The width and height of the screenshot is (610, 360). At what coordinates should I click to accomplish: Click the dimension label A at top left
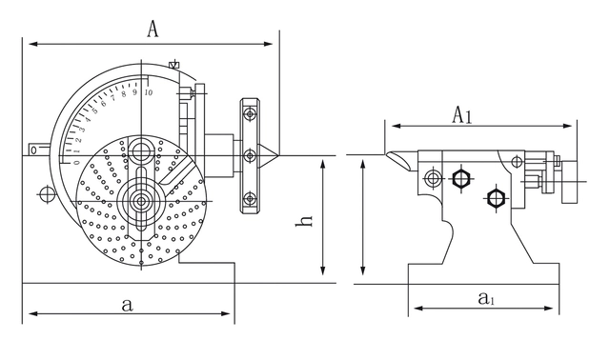pyautogui.click(x=152, y=29)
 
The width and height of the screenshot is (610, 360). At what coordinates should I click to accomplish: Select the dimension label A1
pyautogui.click(x=461, y=115)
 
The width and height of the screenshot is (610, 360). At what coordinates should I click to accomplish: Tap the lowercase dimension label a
pyautogui.click(x=127, y=305)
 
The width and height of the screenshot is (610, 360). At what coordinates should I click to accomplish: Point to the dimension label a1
pyautogui.click(x=486, y=299)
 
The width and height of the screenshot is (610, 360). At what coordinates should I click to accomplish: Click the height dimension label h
pyautogui.click(x=304, y=221)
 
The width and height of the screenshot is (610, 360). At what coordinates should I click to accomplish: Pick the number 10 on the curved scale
pyautogui.click(x=148, y=92)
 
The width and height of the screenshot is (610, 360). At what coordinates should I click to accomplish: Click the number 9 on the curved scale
pyautogui.click(x=135, y=92)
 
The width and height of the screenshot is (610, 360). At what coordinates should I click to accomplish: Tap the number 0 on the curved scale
pyautogui.click(x=76, y=163)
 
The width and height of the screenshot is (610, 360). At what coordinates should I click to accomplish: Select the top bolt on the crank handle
pyautogui.click(x=250, y=114)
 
